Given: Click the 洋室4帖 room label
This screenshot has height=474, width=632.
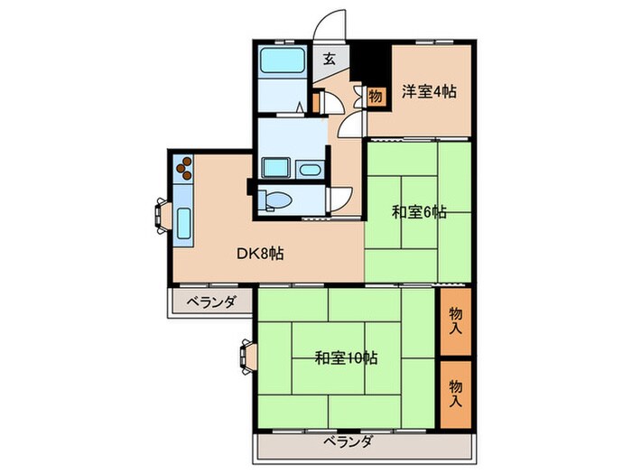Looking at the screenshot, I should point(428,90).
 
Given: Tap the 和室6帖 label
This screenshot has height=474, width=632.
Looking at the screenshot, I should point(419,213).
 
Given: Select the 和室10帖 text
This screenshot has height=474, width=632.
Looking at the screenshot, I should point(347,358).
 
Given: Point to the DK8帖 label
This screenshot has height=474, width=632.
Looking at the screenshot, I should point(261,254).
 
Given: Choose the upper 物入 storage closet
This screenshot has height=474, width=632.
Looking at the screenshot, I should point(457,319).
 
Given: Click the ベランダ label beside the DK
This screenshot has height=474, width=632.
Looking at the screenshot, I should point(211,302).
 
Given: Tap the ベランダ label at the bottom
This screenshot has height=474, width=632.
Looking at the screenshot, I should point(348,441).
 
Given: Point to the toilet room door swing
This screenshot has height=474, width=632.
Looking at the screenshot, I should point(340,200).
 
